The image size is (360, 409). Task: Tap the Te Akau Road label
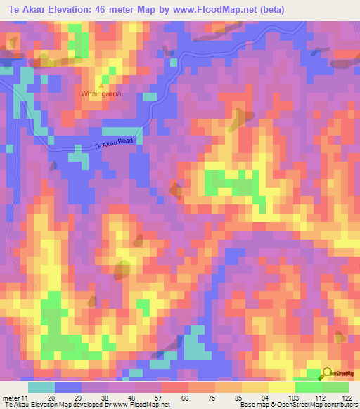pyautogui.click(x=113, y=143)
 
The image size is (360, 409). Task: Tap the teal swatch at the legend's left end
pyautogui.click(x=41, y=387)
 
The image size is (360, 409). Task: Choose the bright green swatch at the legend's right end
pyautogui.click(x=335, y=387)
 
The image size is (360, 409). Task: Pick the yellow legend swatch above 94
pyautogui.click(x=255, y=387)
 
